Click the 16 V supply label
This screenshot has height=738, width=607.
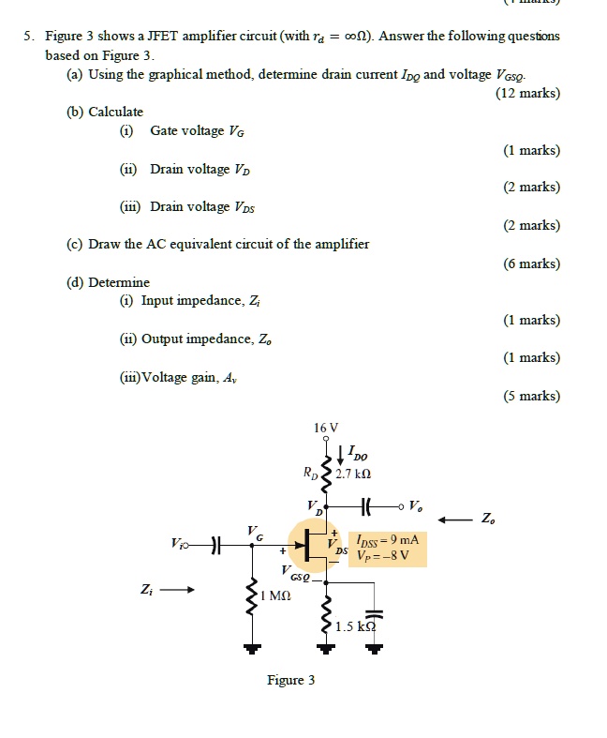pos(327,428)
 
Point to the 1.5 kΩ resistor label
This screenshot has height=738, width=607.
pos(356,625)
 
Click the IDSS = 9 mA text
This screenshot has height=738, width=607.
pos(387,540)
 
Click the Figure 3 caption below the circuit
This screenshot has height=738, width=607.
pos(290,680)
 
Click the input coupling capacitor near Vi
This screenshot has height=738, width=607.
pos(215,544)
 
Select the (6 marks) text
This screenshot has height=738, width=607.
pos(531,264)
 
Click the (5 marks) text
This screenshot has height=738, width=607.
pos(531,396)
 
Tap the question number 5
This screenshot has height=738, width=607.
pos(28,36)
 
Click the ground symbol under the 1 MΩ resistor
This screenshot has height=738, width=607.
pos(251,648)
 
